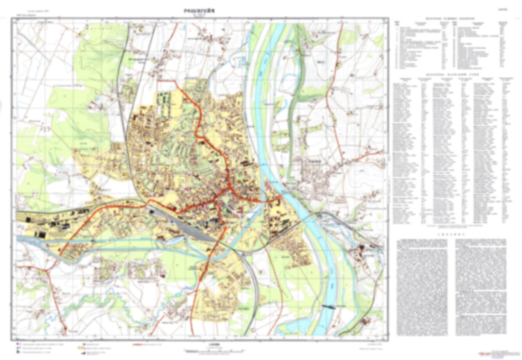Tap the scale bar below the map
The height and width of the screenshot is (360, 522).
[213, 350]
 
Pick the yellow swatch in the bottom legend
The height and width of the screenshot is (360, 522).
[79, 348]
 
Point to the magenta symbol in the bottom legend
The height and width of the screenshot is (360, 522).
[18, 344]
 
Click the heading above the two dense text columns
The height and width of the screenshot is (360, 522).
[451, 234]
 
